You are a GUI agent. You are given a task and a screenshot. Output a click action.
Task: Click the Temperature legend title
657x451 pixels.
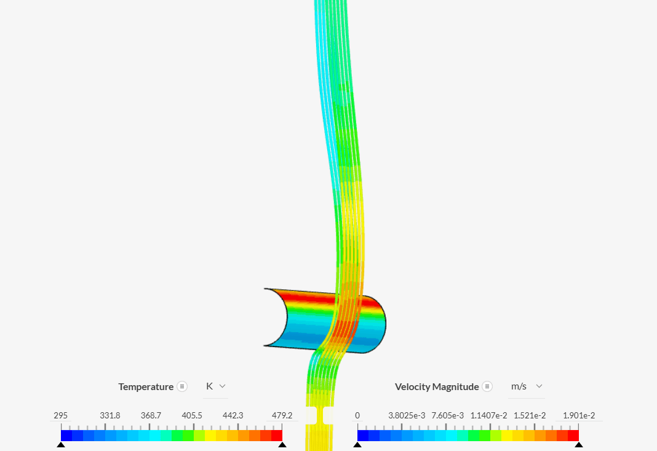point(146,386)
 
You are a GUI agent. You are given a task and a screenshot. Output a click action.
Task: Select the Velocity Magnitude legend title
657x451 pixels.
point(437,386)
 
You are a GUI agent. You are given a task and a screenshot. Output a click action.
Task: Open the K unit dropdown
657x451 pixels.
point(216,386)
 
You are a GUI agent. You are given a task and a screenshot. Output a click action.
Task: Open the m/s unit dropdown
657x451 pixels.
point(526,386)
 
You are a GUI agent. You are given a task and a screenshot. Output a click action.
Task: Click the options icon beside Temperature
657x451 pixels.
point(182,386)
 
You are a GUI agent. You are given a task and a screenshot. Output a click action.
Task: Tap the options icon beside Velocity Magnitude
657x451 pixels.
point(487,386)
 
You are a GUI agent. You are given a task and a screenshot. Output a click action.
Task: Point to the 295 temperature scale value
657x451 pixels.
point(61,415)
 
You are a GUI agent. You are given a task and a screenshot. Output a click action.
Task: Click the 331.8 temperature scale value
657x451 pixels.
point(109,415)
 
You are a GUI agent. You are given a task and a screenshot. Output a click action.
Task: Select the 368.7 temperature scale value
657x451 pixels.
point(151,415)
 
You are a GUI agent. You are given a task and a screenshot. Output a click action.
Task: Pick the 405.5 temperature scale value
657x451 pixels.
point(192,415)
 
